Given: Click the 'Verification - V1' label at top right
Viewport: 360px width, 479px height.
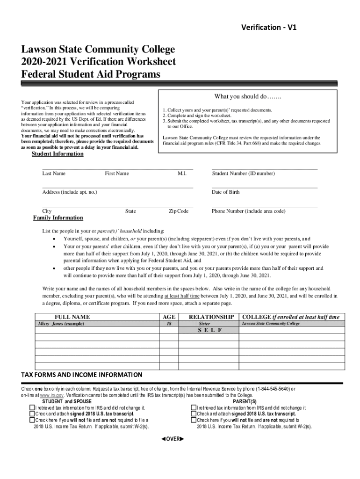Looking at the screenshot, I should tap(268, 28).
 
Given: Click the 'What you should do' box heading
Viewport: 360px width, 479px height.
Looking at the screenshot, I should tap(247, 97).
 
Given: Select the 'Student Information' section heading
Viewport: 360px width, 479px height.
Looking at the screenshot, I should tap(58, 154).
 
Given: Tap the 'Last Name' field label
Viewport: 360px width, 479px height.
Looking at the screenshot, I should tap(54, 174).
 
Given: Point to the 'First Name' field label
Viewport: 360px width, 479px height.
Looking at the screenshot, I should tap(117, 174).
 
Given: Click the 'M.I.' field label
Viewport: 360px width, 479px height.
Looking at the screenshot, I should tap(182, 174).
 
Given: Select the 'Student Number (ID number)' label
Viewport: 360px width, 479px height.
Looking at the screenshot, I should tap(243, 174).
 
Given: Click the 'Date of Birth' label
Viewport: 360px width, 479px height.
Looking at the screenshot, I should tap(226, 192).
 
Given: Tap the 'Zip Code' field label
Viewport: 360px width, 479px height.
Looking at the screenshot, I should tap(179, 211).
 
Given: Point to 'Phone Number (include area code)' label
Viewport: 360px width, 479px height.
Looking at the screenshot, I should tap(248, 211).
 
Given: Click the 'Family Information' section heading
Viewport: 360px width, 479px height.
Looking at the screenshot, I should tap(58, 218).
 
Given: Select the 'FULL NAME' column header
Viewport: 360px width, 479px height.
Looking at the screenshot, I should tap(72, 317).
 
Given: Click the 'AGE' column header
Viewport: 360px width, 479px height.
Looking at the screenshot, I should tap(168, 317).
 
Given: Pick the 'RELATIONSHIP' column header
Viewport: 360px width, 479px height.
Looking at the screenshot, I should tap(211, 317).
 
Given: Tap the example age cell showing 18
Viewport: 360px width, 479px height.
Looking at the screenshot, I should tap(168, 324).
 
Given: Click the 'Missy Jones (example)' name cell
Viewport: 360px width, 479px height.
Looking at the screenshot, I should tap(61, 324).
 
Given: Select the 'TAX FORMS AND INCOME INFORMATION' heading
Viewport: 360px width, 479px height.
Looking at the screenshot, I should tap(82, 375).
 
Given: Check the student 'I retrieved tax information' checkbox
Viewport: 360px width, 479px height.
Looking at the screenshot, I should tap(32, 408).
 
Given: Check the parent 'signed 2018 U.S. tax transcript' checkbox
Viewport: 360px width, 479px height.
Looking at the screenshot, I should tap(194, 414).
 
